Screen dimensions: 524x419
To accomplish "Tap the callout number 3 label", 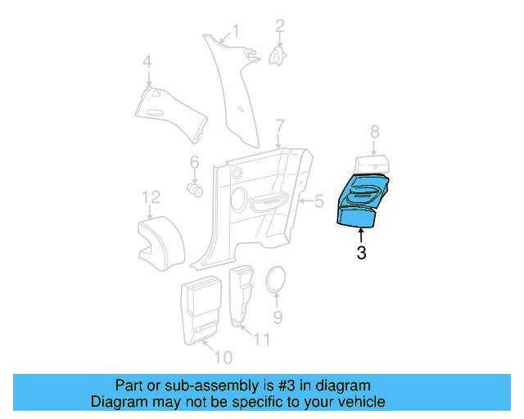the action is [x=361, y=254].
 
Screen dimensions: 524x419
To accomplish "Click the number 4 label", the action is [x=147, y=61].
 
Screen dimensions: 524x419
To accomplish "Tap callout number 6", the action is [x=195, y=161].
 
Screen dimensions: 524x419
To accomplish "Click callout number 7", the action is [x=279, y=126].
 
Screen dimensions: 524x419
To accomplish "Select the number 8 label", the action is [x=374, y=131].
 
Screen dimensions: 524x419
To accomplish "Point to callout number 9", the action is [x=277, y=315].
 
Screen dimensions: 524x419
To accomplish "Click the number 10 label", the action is [x=223, y=357].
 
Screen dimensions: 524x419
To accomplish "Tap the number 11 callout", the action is [x=262, y=337].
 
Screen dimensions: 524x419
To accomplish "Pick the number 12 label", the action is [x=150, y=197].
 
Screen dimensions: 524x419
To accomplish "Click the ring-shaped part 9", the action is [x=277, y=279].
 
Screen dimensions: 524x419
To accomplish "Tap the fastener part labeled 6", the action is [x=196, y=190].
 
